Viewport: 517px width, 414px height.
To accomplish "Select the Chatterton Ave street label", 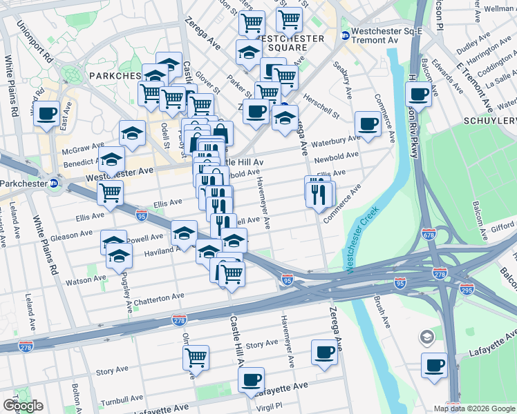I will (x=160, y=296).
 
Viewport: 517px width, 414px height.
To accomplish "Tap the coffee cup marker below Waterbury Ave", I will (x=368, y=124).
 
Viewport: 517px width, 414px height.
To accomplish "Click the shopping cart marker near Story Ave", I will (x=196, y=357).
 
